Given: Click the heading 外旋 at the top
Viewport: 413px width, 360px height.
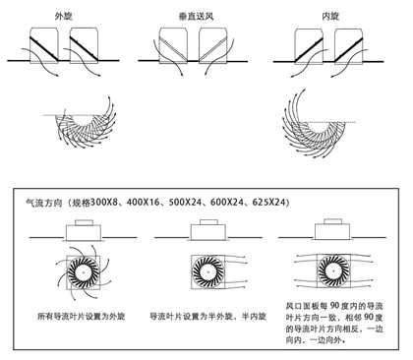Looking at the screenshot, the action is pyautogui.click(x=64, y=16).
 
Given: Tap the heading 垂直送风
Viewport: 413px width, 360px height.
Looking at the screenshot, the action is pyautogui.click(x=196, y=16).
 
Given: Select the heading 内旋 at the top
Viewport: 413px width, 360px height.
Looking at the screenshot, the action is pyautogui.click(x=330, y=16).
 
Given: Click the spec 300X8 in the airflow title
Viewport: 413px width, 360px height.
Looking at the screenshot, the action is pyautogui.click(x=104, y=202).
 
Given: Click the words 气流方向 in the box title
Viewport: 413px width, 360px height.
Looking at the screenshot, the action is pyautogui.click(x=44, y=203).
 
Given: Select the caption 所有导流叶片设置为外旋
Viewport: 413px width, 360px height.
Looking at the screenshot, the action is pyautogui.click(x=82, y=317).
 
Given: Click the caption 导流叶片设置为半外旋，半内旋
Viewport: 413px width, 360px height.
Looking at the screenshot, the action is pyautogui.click(x=207, y=317).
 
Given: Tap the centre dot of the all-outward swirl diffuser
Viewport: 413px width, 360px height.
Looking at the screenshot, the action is pyautogui.click(x=84, y=272).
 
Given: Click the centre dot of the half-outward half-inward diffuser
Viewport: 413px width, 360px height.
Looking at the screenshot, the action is pyautogui.click(x=207, y=271).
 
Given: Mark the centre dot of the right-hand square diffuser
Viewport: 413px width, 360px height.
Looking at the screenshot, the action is pyautogui.click(x=333, y=271).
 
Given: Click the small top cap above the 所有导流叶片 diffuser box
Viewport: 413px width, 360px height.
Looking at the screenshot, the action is pyautogui.click(x=84, y=222).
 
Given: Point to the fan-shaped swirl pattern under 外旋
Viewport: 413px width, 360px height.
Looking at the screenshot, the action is pyautogui.click(x=85, y=126).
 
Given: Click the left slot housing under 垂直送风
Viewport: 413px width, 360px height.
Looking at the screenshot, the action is pyautogui.click(x=173, y=45).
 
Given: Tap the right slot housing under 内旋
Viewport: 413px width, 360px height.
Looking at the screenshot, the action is pyautogui.click(x=348, y=45).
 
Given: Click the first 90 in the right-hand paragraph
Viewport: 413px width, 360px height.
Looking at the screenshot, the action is pyautogui.click(x=334, y=306).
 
